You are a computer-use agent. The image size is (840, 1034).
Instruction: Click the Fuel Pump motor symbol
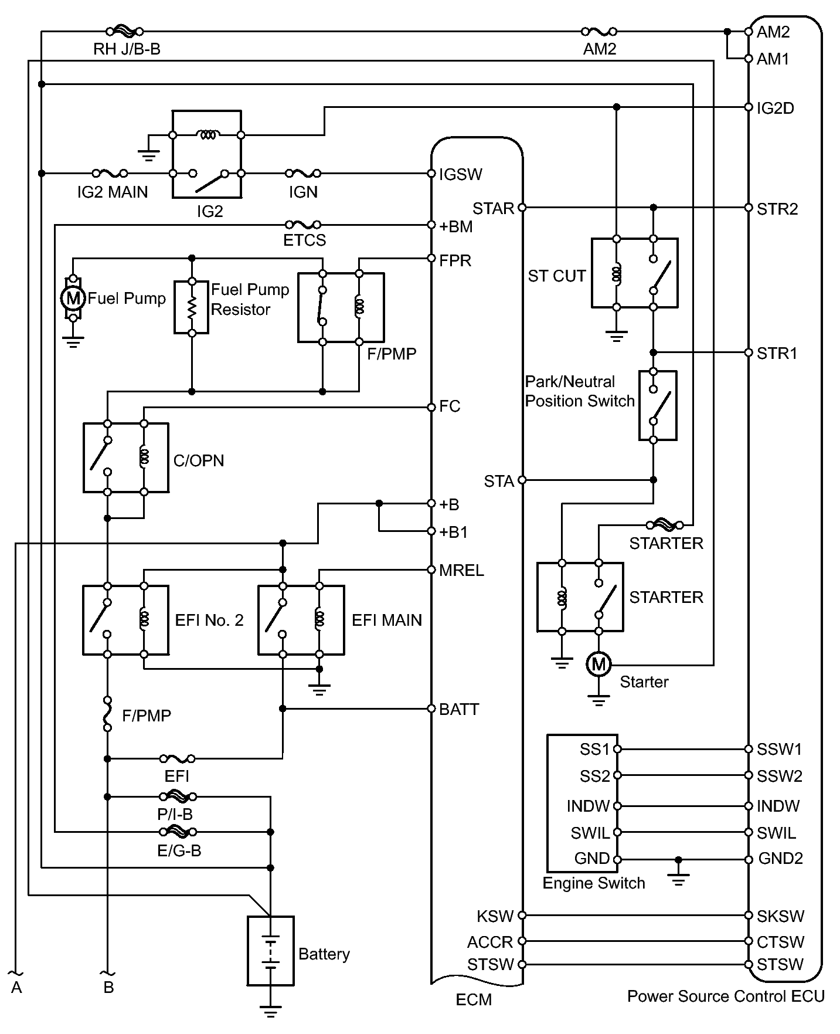coord(73,299)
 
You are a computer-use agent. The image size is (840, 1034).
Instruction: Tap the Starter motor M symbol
coord(598,665)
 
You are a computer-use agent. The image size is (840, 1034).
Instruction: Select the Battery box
coord(270,951)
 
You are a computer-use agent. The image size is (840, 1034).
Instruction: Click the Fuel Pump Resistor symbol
coord(192,307)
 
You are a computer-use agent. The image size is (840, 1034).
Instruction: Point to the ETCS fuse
coord(303,225)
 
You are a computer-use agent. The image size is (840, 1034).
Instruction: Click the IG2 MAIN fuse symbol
coord(110,174)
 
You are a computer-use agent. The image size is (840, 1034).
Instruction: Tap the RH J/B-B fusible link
coord(124,31)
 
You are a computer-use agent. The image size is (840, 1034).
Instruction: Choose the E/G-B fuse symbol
coord(178,832)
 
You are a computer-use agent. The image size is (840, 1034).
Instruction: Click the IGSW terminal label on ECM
coord(461,174)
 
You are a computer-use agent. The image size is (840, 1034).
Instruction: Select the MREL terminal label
coord(461,571)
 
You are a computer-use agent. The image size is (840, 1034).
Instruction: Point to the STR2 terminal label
coord(777,209)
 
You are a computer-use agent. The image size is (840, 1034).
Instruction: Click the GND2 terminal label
coord(780,859)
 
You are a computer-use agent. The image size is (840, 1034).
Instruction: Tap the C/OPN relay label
coord(199,460)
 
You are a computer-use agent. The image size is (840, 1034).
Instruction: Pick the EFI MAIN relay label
coord(387,620)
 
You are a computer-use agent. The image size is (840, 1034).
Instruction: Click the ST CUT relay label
coord(557,276)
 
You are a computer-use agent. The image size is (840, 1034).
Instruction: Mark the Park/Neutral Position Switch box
coord(658,405)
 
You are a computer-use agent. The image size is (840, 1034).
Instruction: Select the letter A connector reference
coord(16,988)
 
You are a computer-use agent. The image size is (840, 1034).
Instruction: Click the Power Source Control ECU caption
coord(726,996)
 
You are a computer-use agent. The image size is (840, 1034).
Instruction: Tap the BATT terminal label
coord(459,709)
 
